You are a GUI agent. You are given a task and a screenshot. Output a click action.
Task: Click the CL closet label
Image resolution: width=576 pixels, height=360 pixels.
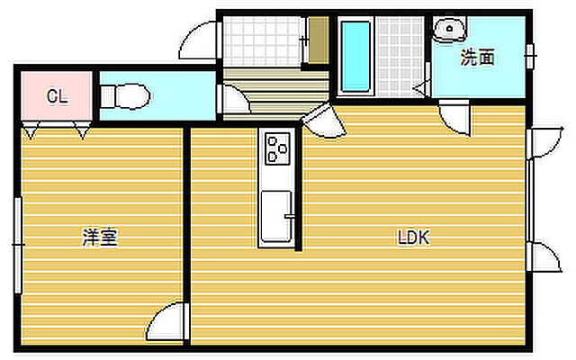point(58,96)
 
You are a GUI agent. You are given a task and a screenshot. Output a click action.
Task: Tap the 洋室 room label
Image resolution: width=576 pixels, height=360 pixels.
point(100,238)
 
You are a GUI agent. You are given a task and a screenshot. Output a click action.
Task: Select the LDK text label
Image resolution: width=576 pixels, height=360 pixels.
point(414,238)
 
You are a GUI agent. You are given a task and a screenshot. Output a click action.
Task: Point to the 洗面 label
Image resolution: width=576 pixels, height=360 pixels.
point(477,58)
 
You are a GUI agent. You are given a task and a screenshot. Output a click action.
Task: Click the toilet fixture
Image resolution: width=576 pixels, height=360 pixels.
point(125,96)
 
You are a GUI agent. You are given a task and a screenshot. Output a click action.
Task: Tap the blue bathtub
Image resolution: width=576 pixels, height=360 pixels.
point(355,56)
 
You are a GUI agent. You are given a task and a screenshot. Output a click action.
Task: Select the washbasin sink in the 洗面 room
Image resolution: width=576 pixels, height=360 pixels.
point(449,30)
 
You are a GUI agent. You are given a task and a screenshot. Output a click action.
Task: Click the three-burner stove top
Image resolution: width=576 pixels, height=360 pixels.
point(277,148)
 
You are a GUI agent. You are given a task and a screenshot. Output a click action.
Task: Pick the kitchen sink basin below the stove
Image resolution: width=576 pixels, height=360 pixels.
point(276,216)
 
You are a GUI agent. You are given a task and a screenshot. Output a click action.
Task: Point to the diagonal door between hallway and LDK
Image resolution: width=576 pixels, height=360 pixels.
point(323,120)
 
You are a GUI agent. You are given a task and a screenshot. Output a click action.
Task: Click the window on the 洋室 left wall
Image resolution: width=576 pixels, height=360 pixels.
point(18,245)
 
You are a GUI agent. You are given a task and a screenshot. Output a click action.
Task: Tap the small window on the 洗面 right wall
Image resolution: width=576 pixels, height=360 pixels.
point(530,56)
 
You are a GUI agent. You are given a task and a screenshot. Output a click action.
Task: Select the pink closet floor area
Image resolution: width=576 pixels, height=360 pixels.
point(57,96)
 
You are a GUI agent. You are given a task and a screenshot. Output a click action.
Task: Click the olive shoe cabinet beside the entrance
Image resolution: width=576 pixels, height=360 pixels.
point(318,40)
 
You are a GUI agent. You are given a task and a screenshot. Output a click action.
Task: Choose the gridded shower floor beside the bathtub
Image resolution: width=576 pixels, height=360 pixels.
point(400,56)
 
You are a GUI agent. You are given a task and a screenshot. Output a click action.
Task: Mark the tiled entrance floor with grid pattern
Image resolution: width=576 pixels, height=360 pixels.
point(262,42)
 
